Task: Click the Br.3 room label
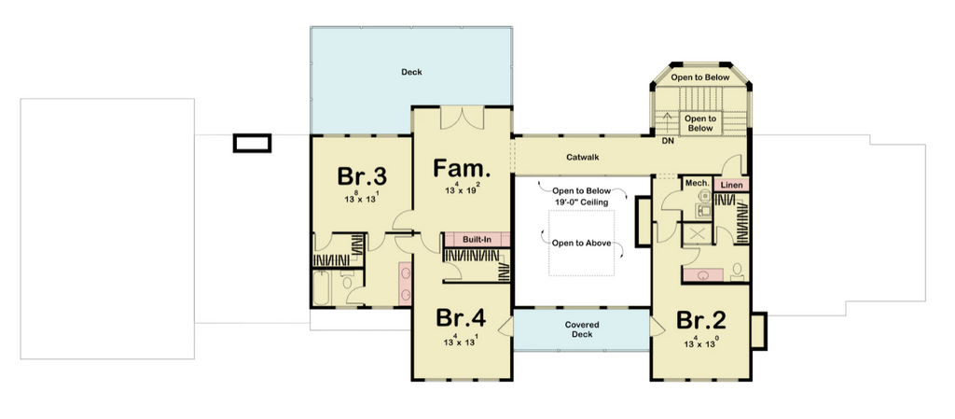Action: click(362, 176)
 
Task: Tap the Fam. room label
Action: click(462, 169)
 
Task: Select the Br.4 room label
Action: click(461, 318)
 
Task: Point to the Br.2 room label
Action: click(701, 320)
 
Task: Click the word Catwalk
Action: click(583, 157)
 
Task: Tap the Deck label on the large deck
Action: click(411, 72)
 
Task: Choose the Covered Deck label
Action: click(582, 329)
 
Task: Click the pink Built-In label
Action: click(477, 239)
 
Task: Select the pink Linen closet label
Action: click(731, 185)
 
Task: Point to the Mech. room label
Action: click(698, 183)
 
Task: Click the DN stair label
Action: click(668, 141)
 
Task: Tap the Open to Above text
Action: click(581, 243)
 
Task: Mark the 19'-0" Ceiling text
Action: click(581, 202)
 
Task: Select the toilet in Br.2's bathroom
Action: click(737, 272)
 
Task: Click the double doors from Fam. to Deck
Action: click(463, 119)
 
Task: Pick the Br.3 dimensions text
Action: click(362, 197)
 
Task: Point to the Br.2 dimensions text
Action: click(701, 342)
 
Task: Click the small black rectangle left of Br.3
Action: click(252, 144)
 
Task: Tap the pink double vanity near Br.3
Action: click(405, 284)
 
